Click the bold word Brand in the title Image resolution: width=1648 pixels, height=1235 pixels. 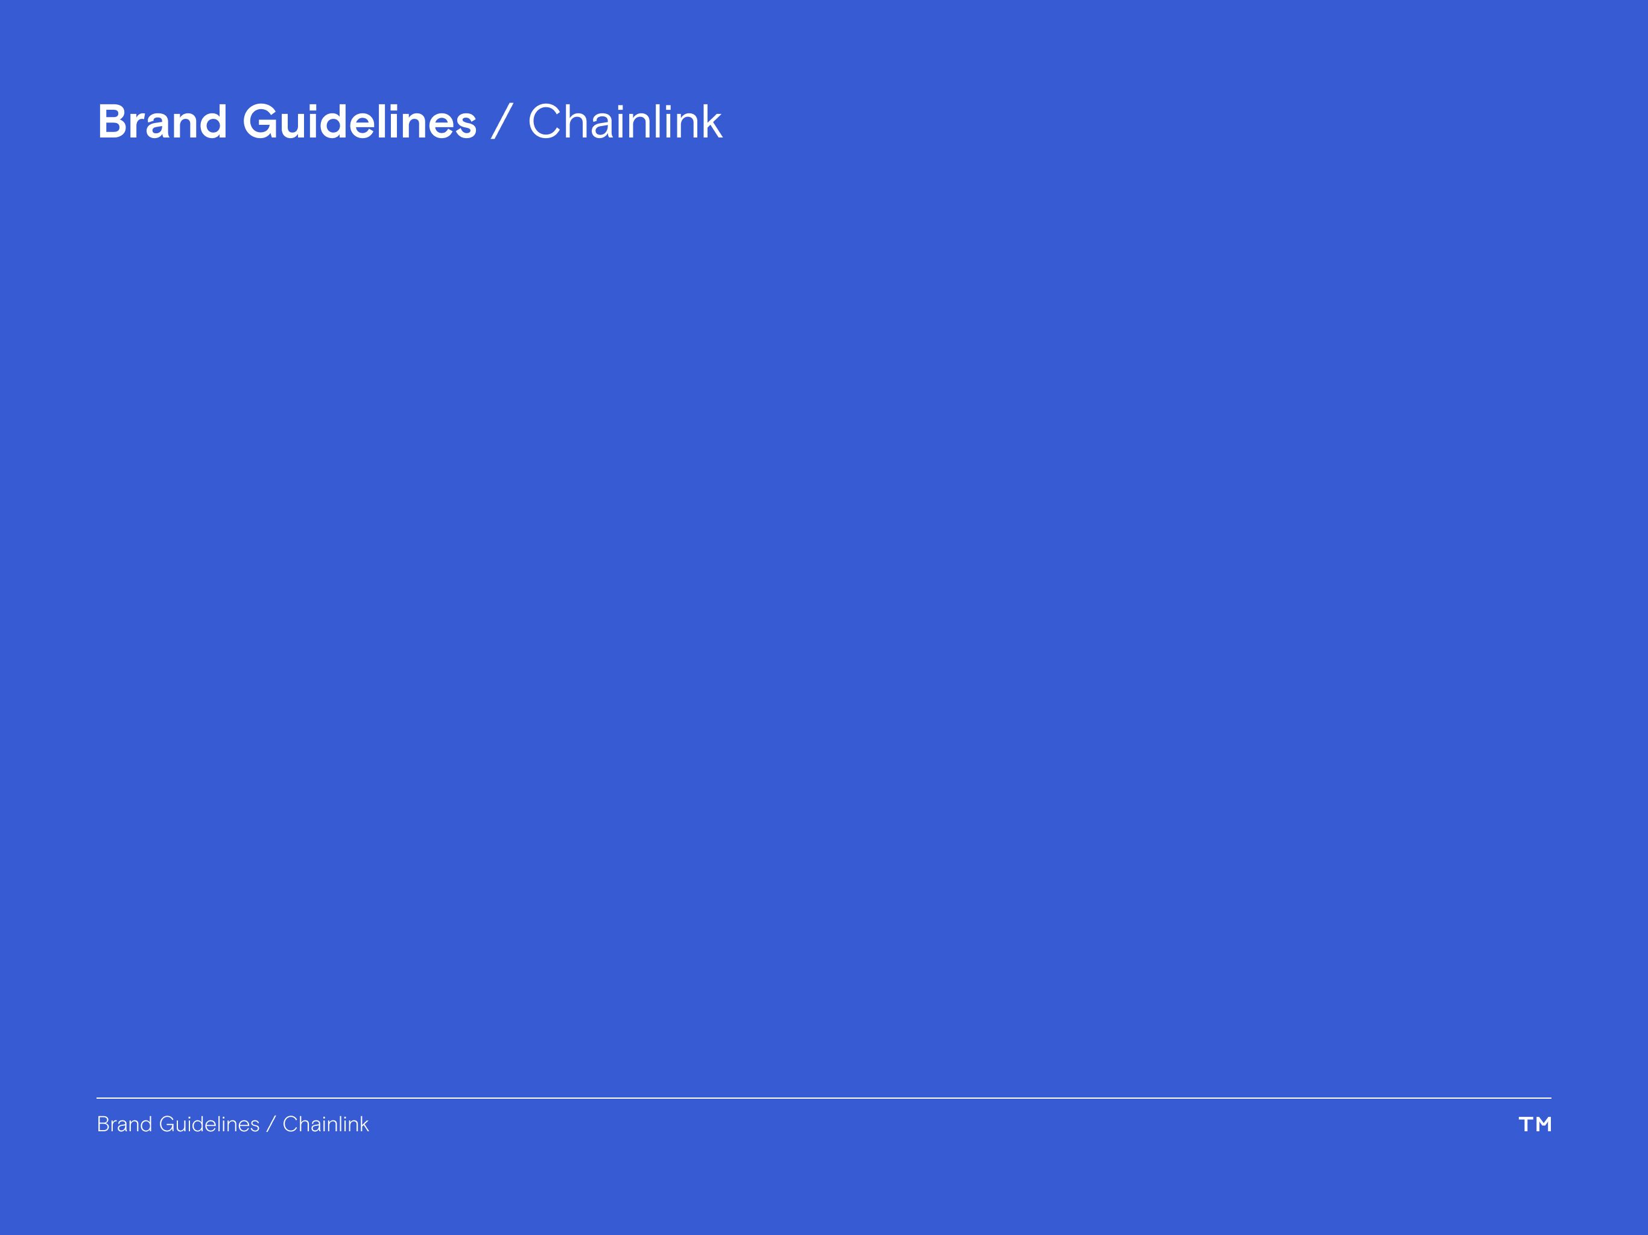[162, 122]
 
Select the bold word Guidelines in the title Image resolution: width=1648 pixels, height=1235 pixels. [359, 122]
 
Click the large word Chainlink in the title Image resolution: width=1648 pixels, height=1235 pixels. [624, 122]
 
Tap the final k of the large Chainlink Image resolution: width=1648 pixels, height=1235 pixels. [712, 122]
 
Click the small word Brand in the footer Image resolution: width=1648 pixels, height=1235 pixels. [124, 1124]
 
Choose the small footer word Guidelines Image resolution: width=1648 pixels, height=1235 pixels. [209, 1124]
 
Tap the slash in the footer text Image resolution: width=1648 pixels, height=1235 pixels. [270, 1124]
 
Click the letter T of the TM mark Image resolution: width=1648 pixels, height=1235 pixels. [1526, 1124]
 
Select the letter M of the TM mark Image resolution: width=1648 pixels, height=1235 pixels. [1544, 1124]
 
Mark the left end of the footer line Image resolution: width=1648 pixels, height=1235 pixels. [98, 1098]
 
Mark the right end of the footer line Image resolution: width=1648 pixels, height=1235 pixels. [1550, 1098]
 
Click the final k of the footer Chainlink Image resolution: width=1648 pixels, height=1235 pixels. [364, 1124]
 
